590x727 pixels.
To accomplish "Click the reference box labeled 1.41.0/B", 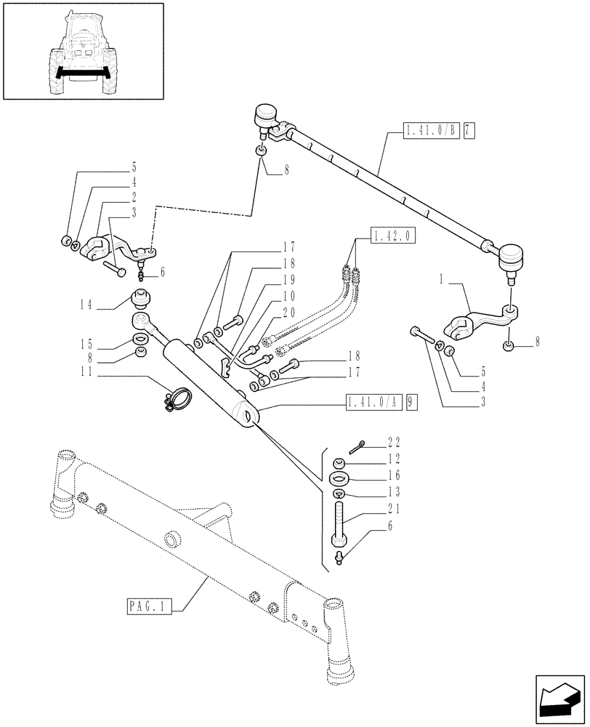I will [x=430, y=131].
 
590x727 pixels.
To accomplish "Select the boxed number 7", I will [x=468, y=131].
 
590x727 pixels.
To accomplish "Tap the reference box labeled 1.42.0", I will [x=392, y=236].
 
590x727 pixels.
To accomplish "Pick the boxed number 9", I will [x=412, y=401].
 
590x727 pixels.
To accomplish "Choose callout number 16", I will [x=395, y=475].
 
